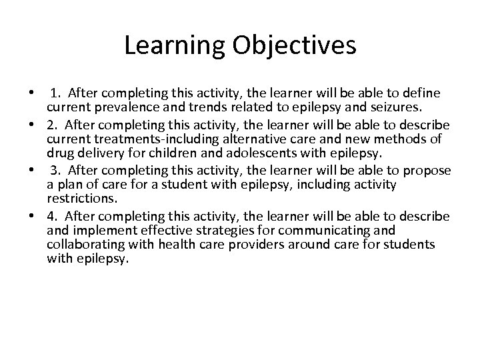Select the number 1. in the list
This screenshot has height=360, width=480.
click(x=57, y=92)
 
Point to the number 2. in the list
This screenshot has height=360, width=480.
click(x=53, y=125)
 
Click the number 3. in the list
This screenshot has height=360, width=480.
click(x=57, y=169)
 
